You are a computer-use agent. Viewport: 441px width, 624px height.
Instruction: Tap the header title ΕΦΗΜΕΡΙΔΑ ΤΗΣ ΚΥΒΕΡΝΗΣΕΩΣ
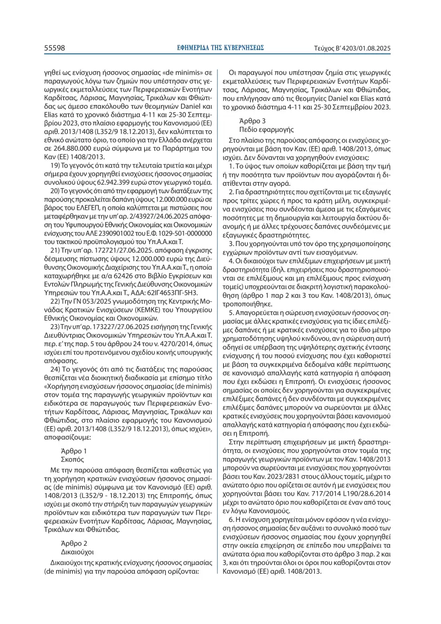pyautogui.click(x=221, y=48)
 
